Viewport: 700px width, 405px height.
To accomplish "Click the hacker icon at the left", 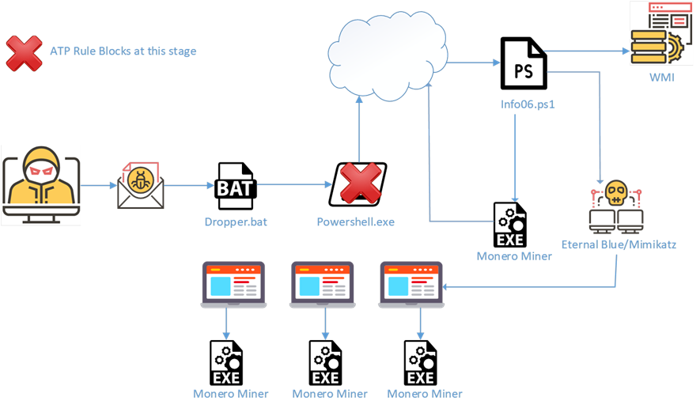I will (41, 185).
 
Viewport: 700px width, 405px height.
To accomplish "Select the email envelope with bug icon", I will (141, 185).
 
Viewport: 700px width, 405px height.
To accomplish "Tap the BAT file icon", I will (235, 185).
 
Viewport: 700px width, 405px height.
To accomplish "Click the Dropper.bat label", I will (235, 222).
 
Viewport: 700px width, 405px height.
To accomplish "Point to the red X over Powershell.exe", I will (360, 185).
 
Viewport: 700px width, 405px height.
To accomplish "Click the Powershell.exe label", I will (355, 222).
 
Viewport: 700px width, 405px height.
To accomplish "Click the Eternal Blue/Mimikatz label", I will (619, 245).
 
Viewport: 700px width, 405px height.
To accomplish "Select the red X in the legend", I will (25, 52).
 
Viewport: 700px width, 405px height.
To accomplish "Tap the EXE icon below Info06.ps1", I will (509, 225).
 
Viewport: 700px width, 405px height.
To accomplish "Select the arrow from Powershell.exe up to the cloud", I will (359, 127).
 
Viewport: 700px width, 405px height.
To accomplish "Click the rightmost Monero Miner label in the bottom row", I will (425, 393).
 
